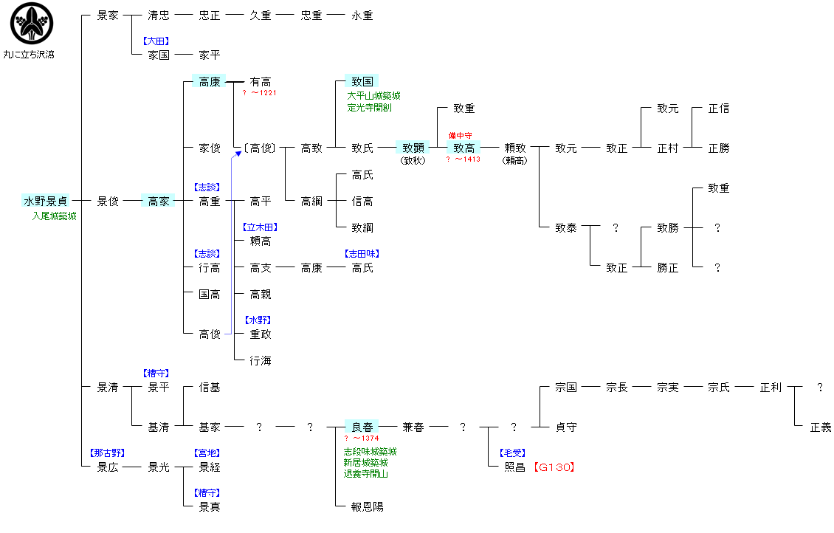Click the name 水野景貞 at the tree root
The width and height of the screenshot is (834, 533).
pos(46,201)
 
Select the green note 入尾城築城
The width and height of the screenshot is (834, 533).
pos(54,216)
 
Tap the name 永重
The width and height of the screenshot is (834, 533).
pos(362,15)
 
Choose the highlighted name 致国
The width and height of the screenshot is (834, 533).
pos(362,81)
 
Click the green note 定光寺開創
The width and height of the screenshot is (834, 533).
pos(369,107)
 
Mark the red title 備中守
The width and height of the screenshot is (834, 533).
pos(460,136)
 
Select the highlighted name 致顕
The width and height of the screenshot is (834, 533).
pos(413,148)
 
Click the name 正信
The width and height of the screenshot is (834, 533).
pos(718,109)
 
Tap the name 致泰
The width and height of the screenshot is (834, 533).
pos(566,228)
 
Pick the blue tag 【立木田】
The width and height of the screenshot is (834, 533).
pos(260,227)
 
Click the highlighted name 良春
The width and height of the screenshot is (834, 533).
pos(362,427)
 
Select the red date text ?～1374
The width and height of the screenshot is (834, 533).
pos(361,439)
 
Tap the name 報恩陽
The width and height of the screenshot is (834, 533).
pos(368,507)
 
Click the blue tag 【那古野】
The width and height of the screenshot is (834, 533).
pos(107,453)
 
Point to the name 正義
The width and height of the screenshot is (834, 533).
pos(821,427)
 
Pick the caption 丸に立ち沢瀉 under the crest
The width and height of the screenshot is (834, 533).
pos(29,55)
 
